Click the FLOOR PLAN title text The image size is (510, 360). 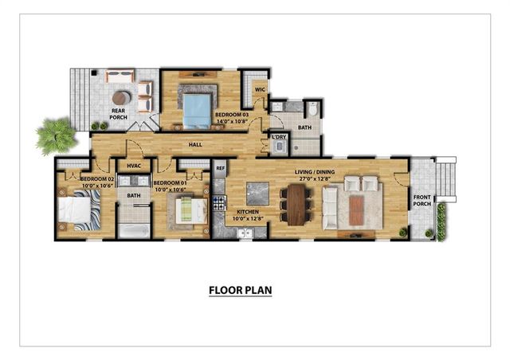[240, 291]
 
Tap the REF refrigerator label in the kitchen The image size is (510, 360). [220, 169]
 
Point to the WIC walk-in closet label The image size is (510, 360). [259, 90]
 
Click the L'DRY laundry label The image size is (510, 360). [278, 137]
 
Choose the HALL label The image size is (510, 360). [195, 145]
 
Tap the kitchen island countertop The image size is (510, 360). [257, 193]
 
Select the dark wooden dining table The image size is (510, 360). [297, 205]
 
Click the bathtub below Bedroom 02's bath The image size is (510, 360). [133, 230]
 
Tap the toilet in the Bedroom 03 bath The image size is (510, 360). [312, 108]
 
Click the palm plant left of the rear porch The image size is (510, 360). [55, 135]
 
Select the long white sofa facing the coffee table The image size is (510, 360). [328, 206]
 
